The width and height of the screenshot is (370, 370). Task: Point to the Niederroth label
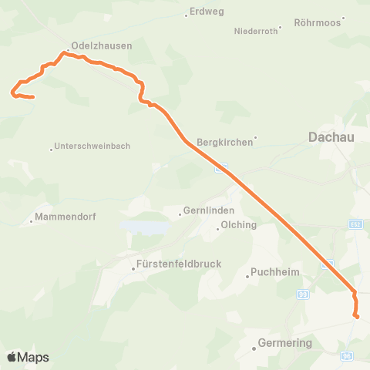tap(254, 32)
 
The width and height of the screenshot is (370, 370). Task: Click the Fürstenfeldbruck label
tap(178, 264)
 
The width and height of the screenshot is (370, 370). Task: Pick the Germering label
tap(285, 342)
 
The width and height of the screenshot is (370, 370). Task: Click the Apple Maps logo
tap(27, 357)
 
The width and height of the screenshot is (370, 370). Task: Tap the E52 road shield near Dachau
tap(355, 224)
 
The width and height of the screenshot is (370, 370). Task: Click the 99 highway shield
tap(303, 294)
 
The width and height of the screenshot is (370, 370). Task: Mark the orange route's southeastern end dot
tap(357, 316)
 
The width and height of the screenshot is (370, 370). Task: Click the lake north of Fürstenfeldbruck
tap(144, 228)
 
